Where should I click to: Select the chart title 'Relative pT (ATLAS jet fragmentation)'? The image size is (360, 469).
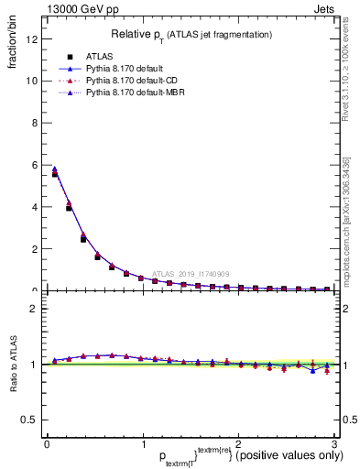point(191,34)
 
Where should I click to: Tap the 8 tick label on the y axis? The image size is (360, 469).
point(35,123)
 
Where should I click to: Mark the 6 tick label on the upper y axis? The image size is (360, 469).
point(35,165)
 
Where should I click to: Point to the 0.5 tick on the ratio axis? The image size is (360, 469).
point(30,420)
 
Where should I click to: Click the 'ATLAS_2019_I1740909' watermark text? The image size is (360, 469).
point(193,273)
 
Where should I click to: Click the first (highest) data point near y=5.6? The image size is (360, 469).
point(54,173)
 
